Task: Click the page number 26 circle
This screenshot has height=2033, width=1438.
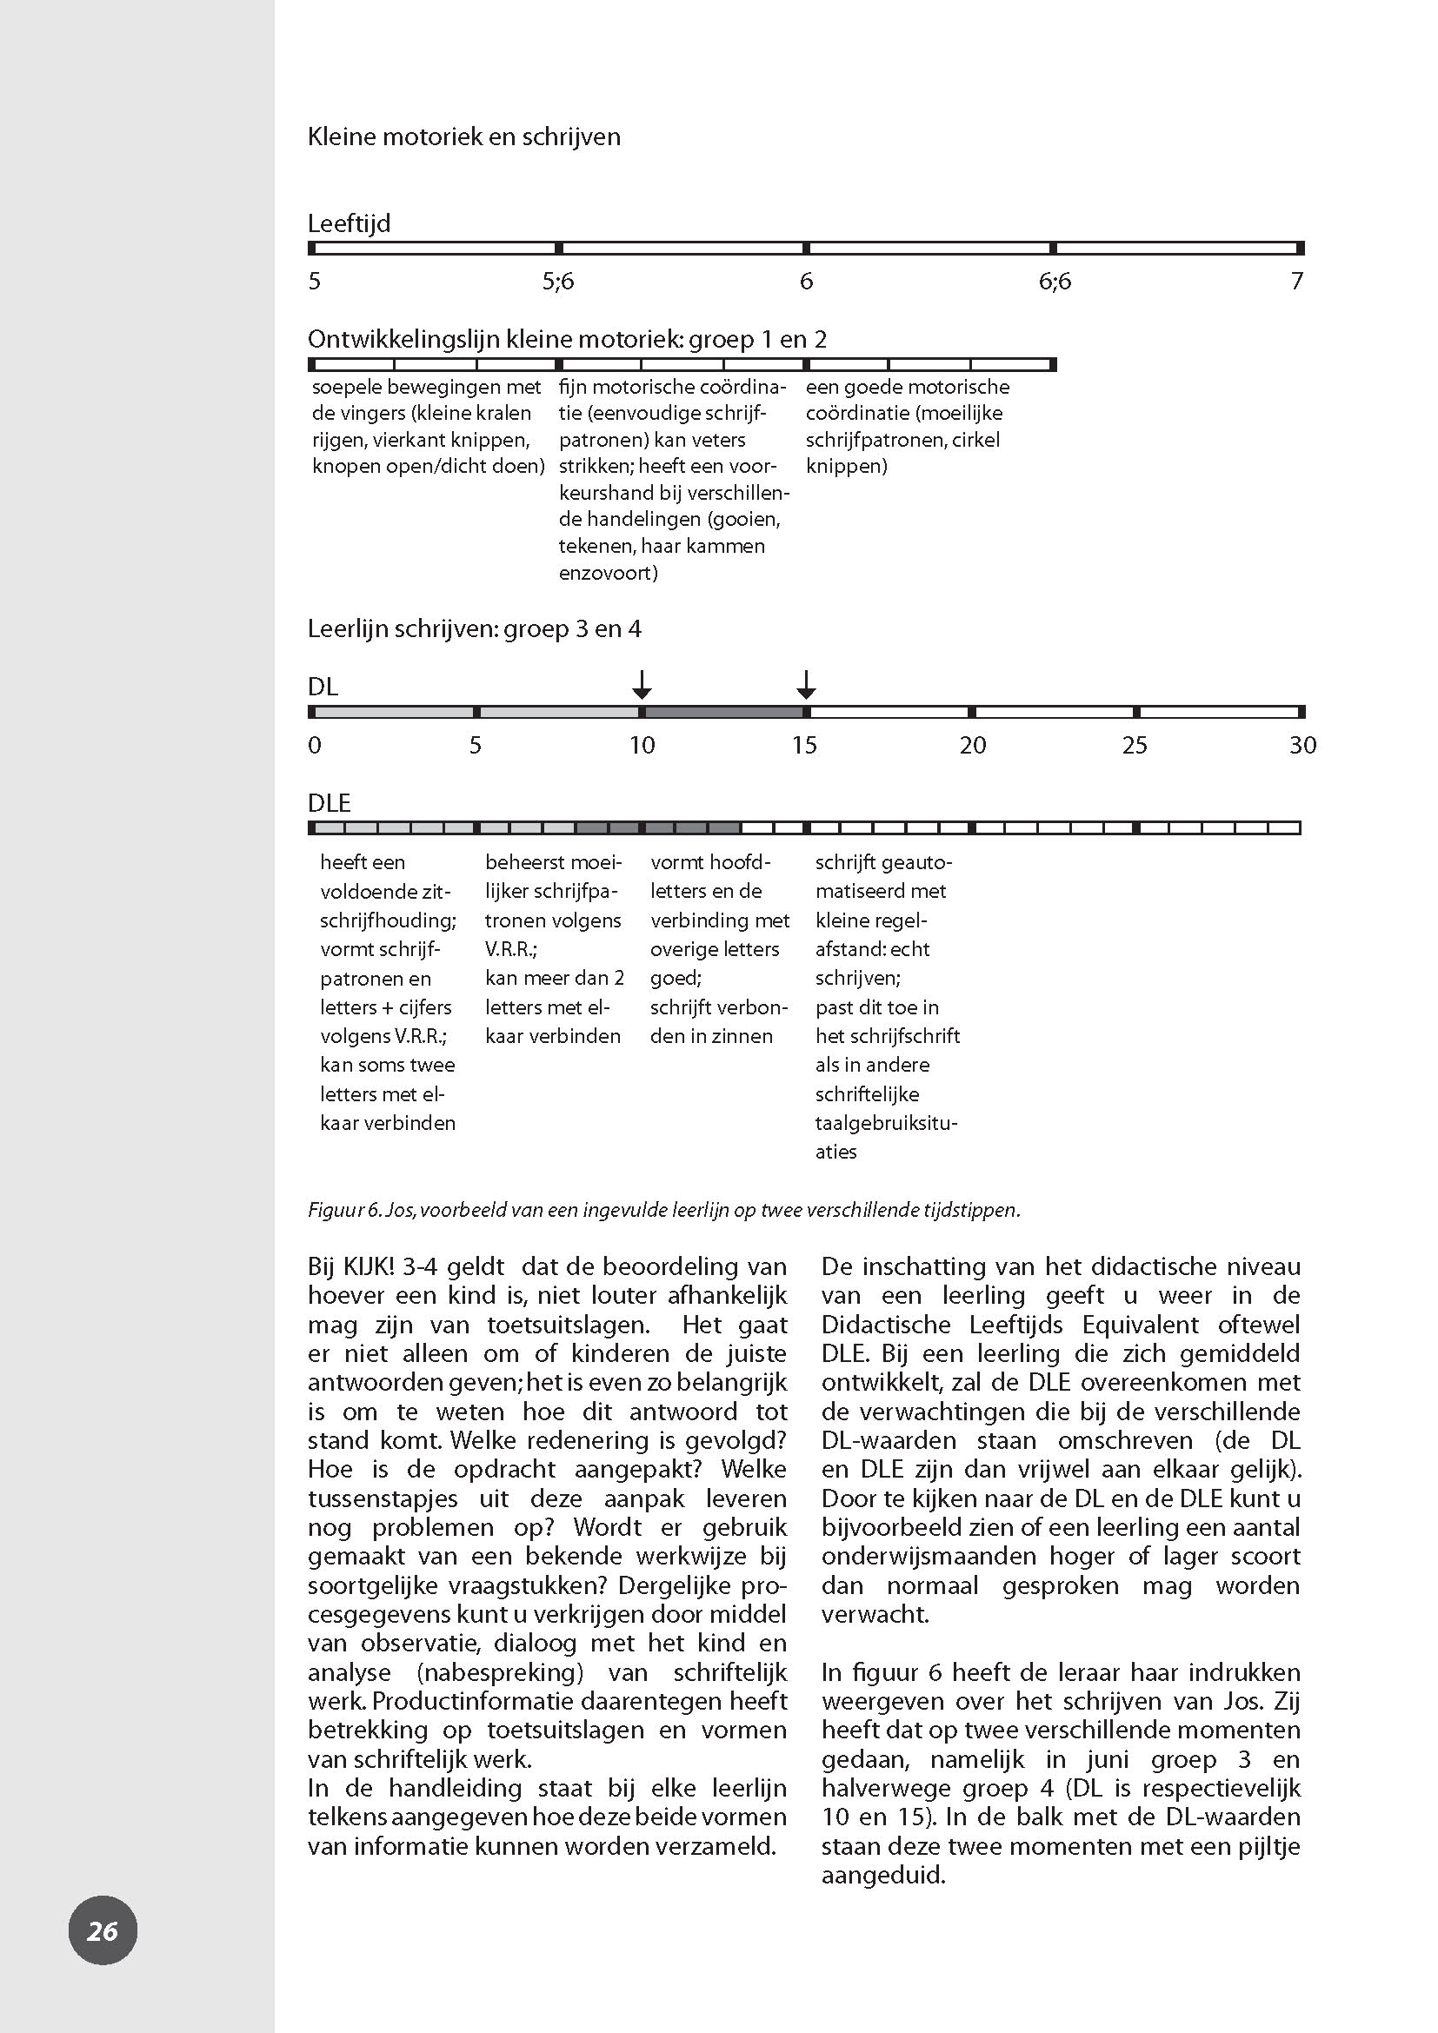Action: (103, 1930)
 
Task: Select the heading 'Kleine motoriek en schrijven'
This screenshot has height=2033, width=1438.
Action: (463, 137)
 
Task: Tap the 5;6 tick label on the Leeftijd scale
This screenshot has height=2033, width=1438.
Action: (558, 282)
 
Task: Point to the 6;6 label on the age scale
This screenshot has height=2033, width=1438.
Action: (1055, 282)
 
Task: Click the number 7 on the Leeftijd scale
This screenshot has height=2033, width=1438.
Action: (1296, 282)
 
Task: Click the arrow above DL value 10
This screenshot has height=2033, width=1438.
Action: (642, 684)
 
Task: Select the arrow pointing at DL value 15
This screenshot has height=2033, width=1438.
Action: (805, 684)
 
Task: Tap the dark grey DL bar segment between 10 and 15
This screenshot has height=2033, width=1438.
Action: (723, 712)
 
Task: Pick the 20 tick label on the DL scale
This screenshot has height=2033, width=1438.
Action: (972, 746)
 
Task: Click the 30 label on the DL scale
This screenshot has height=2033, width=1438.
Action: (1302, 746)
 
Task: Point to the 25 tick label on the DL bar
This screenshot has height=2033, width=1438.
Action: (1135, 746)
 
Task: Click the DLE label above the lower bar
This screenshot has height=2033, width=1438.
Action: (330, 803)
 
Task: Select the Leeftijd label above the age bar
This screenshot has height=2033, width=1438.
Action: (349, 223)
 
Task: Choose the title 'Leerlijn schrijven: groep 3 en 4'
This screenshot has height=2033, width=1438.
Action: (474, 629)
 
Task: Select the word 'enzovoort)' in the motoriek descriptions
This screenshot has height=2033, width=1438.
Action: (608, 573)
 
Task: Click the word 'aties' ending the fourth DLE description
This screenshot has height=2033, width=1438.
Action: (836, 1152)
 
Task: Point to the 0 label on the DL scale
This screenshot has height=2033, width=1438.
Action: (315, 746)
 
